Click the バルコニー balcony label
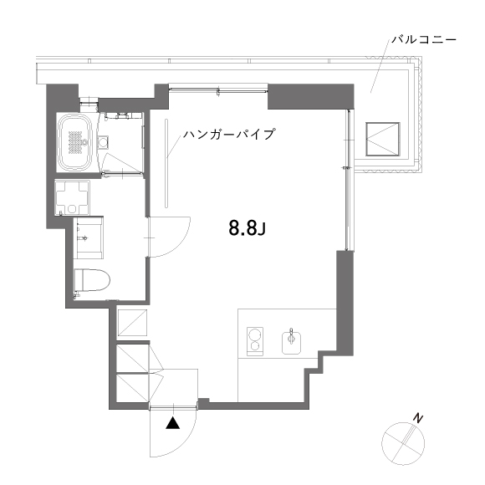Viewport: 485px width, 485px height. click(424, 40)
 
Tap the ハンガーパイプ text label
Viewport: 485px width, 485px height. click(229, 134)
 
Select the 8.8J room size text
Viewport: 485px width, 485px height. click(248, 228)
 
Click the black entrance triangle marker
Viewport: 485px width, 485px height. click(172, 423)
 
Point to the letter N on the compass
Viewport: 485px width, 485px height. click(418, 418)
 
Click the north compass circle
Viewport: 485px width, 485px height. click(403, 443)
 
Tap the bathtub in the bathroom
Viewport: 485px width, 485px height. click(77, 142)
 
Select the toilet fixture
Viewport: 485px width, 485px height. click(92, 280)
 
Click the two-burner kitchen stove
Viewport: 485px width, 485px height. click(255, 341)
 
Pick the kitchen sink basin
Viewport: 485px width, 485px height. click(291, 342)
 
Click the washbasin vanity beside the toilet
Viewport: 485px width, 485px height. click(89, 237)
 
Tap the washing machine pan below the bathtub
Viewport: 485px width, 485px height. click(73, 197)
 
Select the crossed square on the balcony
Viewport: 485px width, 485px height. click(383, 139)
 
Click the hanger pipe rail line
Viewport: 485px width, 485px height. click(166, 163)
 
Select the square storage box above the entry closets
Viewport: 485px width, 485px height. click(132, 322)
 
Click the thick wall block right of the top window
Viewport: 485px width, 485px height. click(310, 96)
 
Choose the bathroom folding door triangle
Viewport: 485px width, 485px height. click(122, 164)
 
